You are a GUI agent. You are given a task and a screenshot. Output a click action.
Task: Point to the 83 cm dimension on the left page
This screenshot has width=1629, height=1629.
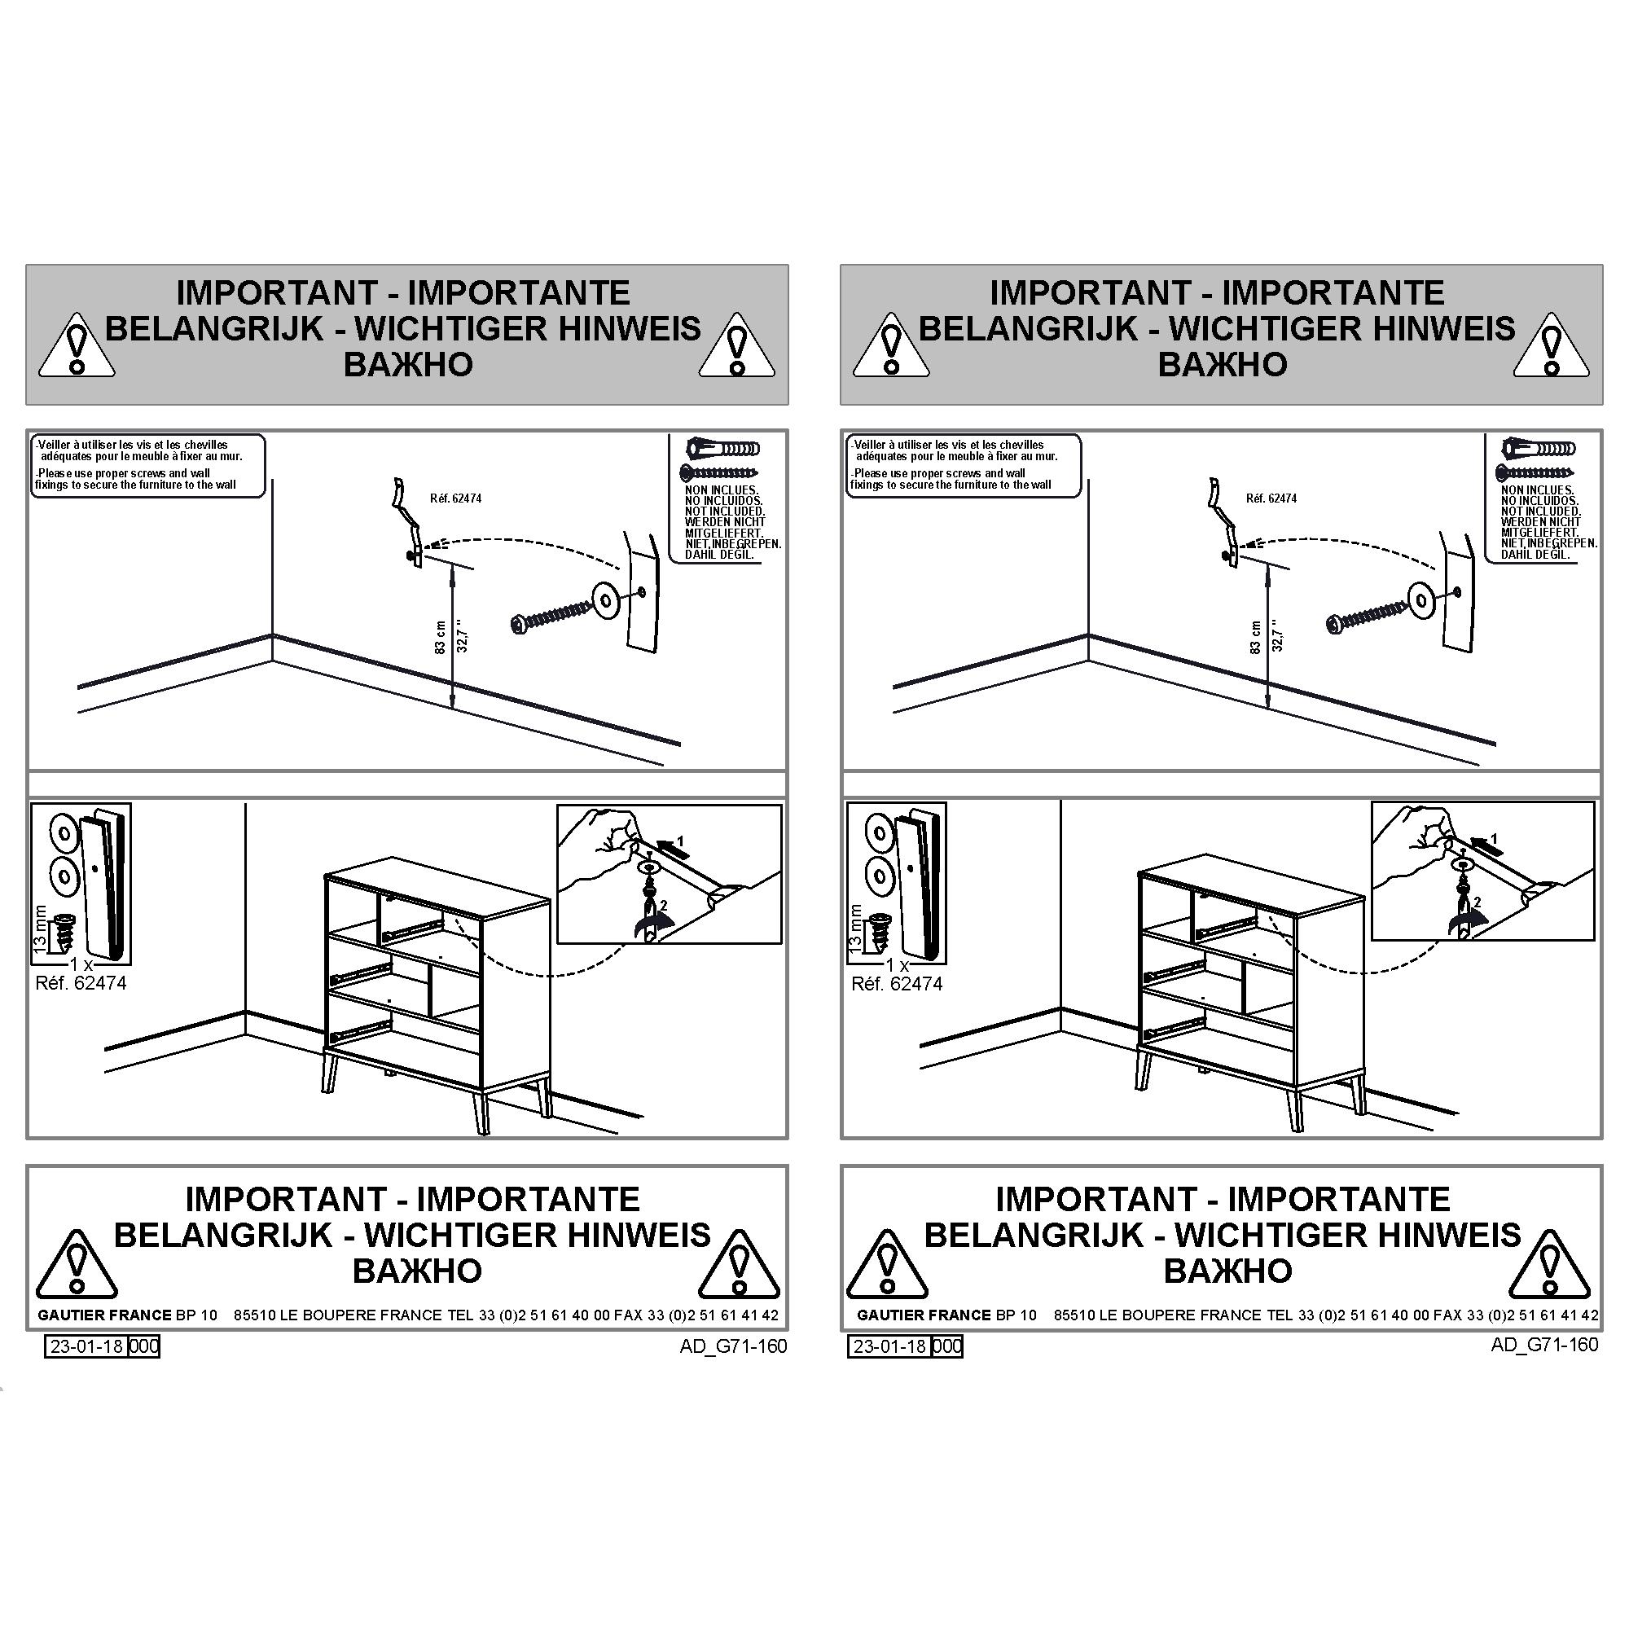point(439,638)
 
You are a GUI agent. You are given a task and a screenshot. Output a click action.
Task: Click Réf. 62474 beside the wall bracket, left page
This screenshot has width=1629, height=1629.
point(455,498)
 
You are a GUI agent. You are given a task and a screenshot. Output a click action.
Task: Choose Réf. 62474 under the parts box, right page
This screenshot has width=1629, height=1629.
point(897,983)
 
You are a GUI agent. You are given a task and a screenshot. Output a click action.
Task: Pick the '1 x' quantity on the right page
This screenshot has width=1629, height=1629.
point(897,964)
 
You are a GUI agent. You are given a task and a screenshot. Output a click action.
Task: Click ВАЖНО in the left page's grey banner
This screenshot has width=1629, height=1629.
point(408,364)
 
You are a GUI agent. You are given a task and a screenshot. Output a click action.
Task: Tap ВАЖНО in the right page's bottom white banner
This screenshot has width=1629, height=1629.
point(1227,1271)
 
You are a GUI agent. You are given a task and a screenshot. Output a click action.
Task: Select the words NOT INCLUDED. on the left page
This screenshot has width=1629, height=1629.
point(724,511)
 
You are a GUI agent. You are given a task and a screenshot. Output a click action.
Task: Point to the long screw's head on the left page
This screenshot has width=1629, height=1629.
point(519,624)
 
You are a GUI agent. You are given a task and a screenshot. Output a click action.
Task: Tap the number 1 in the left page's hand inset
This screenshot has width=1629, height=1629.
point(680,841)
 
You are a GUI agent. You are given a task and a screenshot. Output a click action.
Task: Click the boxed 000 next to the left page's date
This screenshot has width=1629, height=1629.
point(143,1346)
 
